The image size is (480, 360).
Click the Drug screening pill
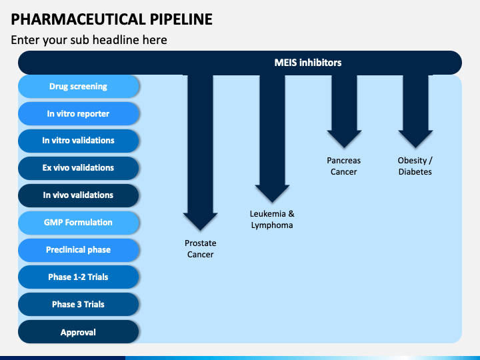point(79,86)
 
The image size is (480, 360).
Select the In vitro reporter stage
point(79,113)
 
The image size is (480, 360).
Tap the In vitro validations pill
point(79,141)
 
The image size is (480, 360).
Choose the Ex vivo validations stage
point(79,168)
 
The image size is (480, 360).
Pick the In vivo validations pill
point(79,195)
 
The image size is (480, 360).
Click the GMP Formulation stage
point(79,223)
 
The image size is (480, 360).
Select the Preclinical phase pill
point(79,250)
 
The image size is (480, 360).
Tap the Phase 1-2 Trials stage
point(79,277)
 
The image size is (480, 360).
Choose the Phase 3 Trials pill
point(79,304)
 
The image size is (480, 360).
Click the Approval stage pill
point(79,332)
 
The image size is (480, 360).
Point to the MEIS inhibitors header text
point(308,63)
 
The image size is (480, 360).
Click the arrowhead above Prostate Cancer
point(200,221)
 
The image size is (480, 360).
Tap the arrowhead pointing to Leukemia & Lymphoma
point(272,193)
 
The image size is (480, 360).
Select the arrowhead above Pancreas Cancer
point(344,139)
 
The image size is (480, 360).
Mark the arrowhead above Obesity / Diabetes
point(415,139)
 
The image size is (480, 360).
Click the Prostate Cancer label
point(201,249)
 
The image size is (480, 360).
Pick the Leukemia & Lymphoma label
point(272,219)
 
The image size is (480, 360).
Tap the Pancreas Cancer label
point(344,166)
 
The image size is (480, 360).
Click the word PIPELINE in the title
point(181,19)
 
